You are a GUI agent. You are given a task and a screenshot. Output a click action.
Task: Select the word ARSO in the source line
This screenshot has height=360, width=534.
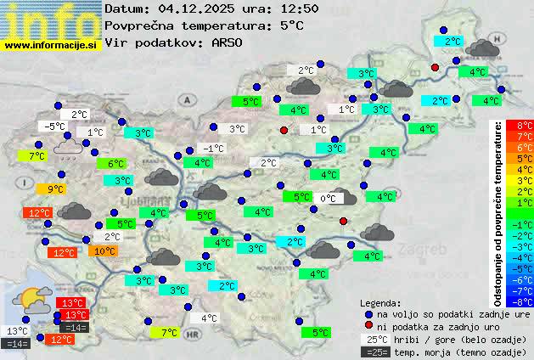229,42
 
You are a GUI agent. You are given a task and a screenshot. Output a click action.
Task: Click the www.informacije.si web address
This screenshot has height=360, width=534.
50,45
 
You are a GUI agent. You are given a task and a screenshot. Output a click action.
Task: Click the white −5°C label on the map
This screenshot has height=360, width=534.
55,127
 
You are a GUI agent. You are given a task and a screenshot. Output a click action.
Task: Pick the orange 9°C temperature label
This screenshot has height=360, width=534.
55,189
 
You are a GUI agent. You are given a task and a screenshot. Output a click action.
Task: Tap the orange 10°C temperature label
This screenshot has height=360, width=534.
104,251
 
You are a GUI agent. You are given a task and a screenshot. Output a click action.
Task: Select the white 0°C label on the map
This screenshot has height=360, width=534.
328,199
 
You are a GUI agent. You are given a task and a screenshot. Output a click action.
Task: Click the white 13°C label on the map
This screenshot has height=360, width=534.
17,331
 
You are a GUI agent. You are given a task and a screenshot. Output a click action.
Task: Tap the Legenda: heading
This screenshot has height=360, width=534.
380,302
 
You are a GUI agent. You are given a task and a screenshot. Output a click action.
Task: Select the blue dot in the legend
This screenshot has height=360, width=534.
368,313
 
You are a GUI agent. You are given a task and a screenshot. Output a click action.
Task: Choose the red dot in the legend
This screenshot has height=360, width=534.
368,326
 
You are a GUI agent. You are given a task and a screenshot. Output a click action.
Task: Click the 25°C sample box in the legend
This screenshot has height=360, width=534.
373,339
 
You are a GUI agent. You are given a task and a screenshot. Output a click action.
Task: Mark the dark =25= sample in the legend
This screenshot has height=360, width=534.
373,352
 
